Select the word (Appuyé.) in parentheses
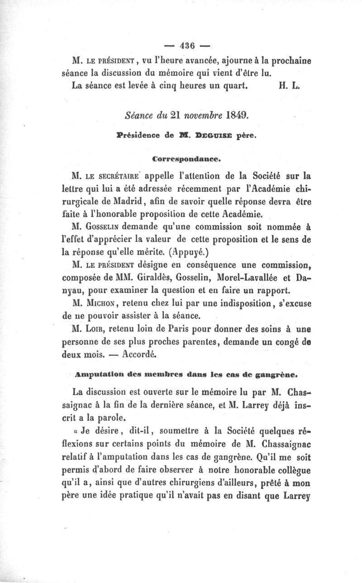point(174,251)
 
